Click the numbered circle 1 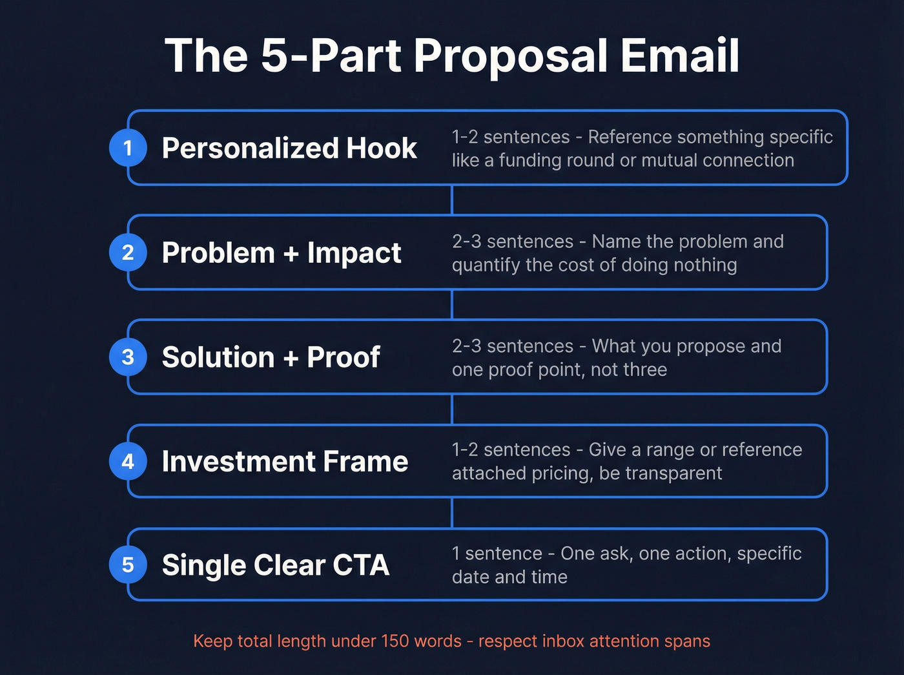(128, 148)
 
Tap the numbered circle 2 (128, 253)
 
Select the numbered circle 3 (128, 357)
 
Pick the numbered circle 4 (128, 461)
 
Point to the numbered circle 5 (128, 565)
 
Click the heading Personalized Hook (289, 148)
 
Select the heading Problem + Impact (282, 253)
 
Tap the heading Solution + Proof (271, 357)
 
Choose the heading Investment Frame (285, 461)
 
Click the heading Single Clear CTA (276, 565)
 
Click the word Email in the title (680, 56)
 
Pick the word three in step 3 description (645, 369)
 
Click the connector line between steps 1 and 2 (452, 200)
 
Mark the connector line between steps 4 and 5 (452, 513)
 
